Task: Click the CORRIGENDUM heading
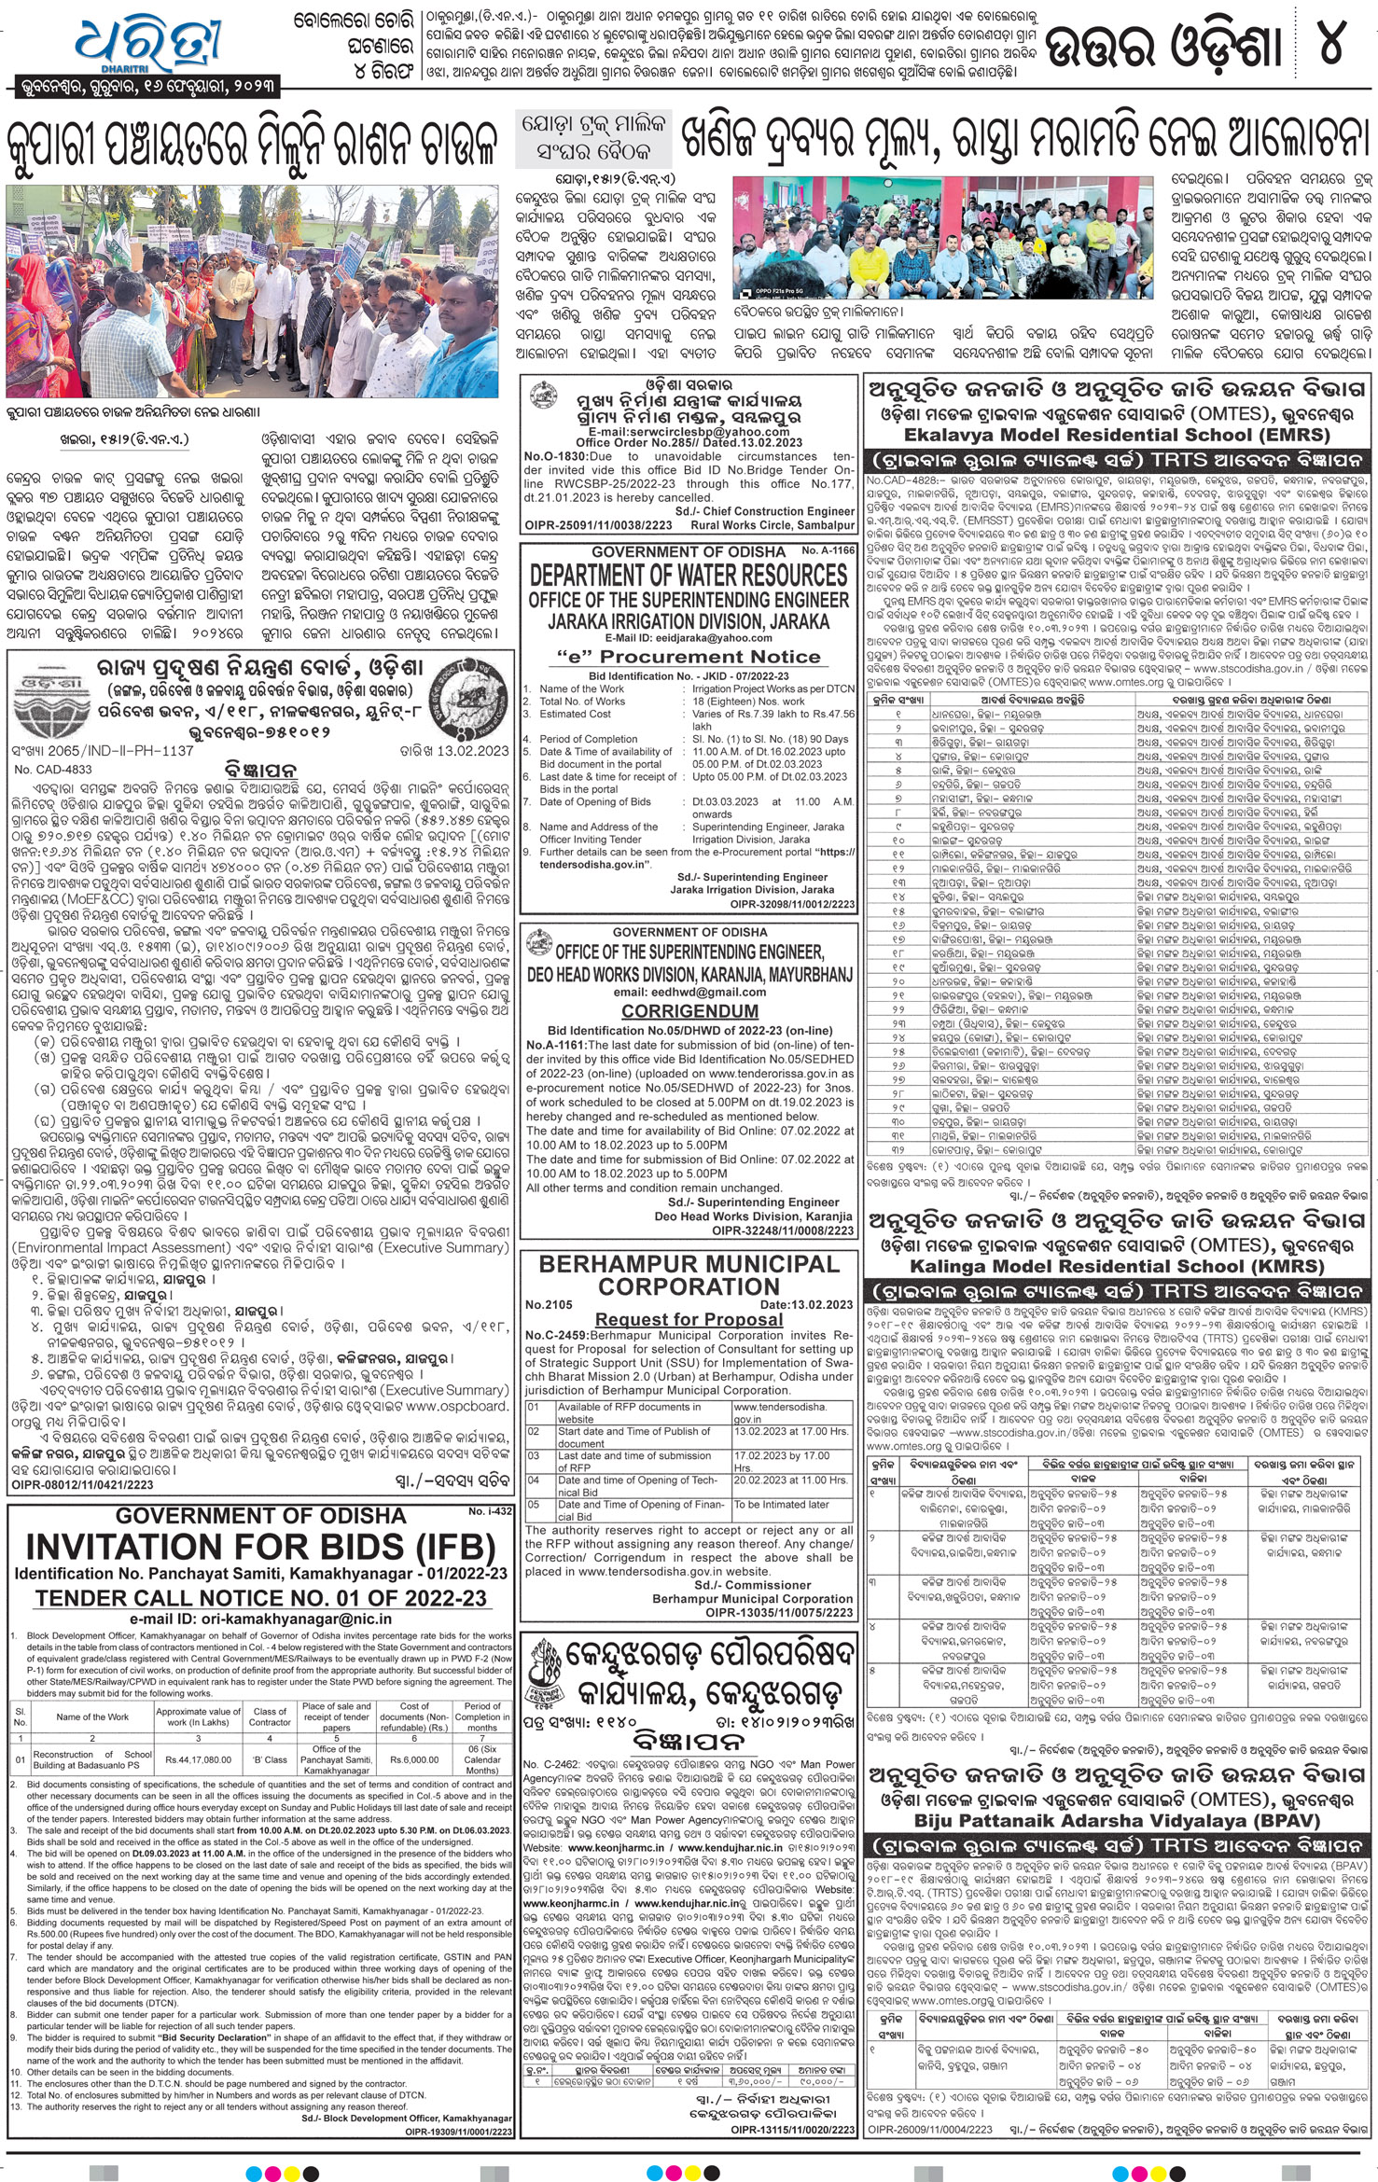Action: [689, 1011]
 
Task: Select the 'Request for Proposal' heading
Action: [689, 1319]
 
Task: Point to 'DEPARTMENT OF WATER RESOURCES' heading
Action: [689, 576]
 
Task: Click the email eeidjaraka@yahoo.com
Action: [689, 638]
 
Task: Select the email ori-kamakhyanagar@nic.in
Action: [260, 1619]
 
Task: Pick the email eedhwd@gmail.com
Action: [689, 992]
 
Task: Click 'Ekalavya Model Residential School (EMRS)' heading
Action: [1116, 435]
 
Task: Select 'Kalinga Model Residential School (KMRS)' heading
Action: [1116, 1266]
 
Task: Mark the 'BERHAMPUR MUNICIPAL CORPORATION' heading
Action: [689, 1274]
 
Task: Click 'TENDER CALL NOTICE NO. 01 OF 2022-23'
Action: [260, 1598]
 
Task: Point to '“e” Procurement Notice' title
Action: [689, 657]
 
